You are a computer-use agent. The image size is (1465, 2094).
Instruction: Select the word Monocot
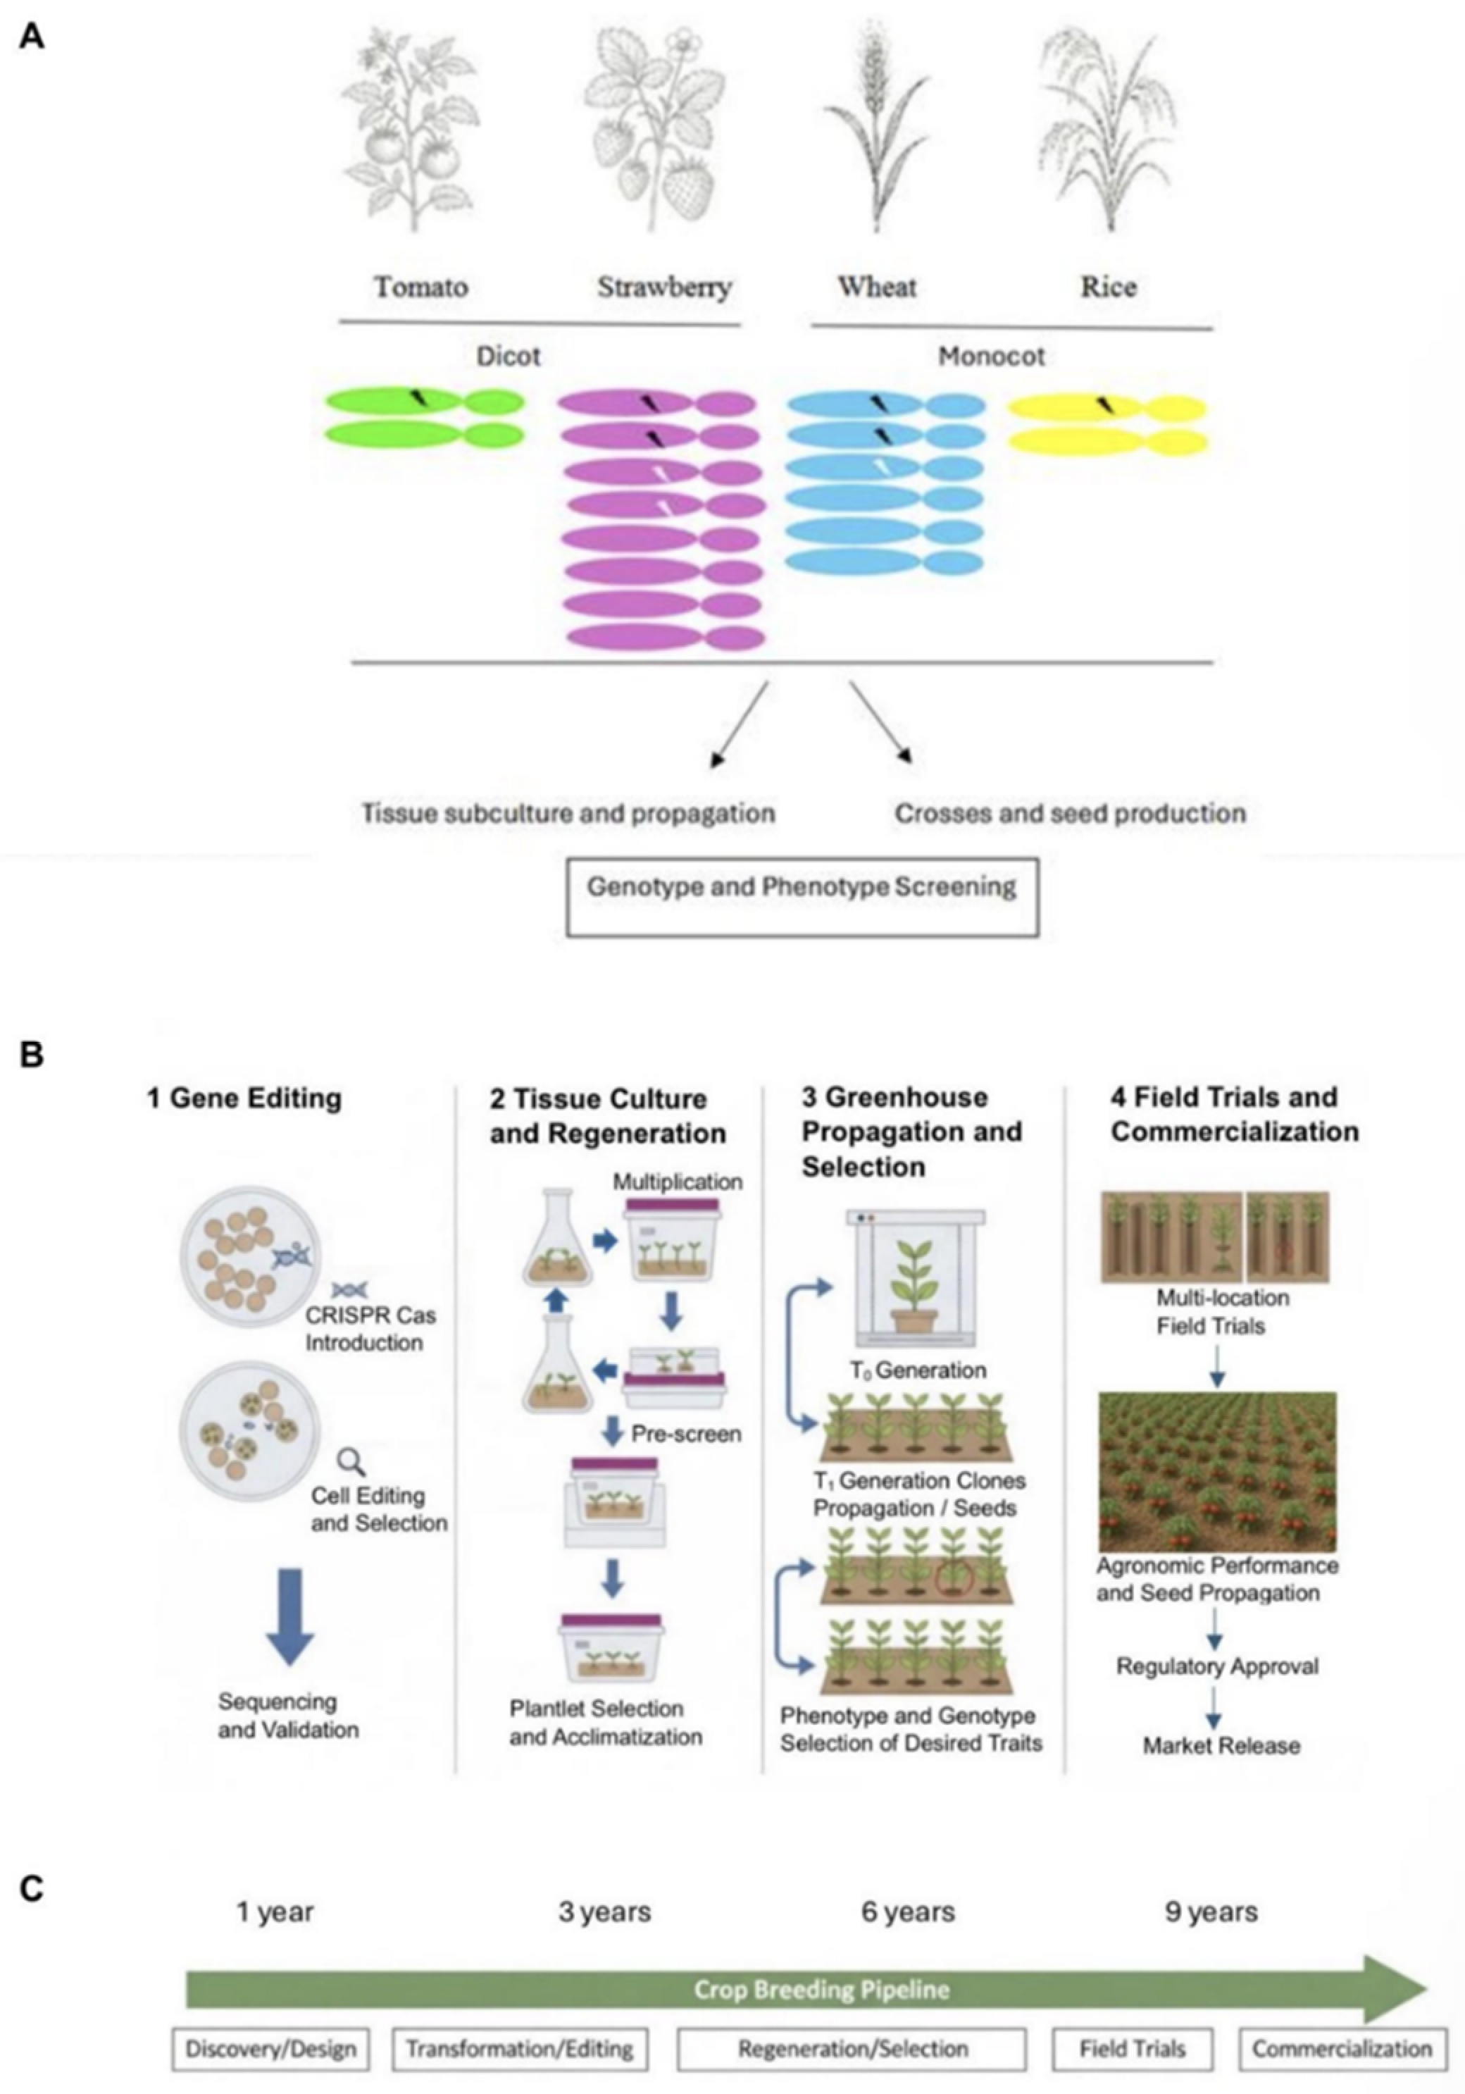coord(991,356)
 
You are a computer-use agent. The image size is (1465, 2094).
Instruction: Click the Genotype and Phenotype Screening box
coord(802,896)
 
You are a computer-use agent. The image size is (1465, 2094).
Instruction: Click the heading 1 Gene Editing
coord(244,1098)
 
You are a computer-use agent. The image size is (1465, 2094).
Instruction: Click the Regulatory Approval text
coord(1217,1666)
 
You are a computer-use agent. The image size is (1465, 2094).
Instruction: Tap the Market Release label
coord(1221,1746)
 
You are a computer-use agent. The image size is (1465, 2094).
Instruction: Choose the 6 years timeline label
coord(907,1912)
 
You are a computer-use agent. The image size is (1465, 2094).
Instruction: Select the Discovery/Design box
coord(270,2050)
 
